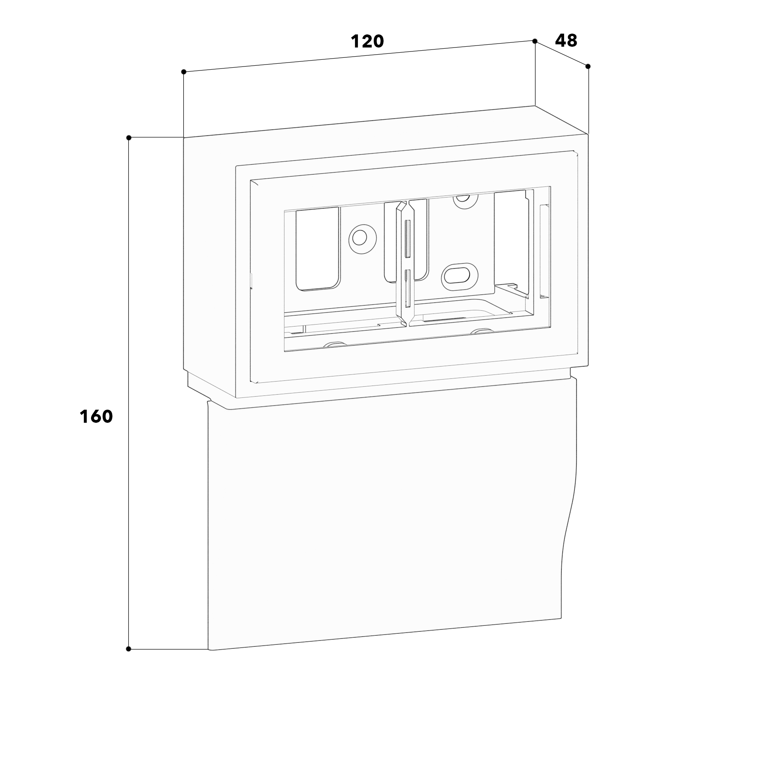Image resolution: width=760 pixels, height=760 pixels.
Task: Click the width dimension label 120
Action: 367,41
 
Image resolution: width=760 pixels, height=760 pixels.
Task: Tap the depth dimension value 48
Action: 566,40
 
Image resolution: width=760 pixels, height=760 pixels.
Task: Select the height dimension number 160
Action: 96,416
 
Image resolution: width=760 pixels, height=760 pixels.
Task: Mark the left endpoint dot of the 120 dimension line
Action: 184,72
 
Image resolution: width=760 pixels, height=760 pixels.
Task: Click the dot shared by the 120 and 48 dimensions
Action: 535,41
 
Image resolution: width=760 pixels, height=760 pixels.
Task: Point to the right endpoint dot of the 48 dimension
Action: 588,66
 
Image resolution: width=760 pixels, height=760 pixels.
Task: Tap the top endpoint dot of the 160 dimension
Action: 129,137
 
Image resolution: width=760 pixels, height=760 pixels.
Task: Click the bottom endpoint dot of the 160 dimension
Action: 129,649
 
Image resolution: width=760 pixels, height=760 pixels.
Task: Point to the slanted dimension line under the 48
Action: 561,53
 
